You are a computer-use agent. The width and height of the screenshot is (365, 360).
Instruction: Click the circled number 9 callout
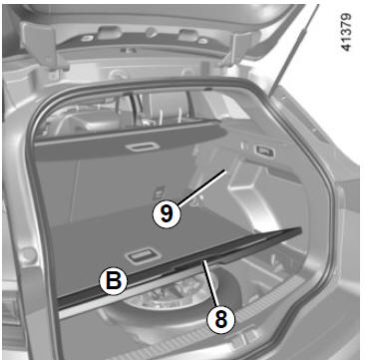167,214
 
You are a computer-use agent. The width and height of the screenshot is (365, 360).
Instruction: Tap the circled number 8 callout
220,320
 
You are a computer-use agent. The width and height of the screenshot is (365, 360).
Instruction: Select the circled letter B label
114,281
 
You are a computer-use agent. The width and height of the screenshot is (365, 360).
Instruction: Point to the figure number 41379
346,32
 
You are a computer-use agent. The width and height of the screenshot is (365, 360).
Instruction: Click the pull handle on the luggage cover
143,147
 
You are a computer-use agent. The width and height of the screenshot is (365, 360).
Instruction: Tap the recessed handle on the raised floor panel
143,256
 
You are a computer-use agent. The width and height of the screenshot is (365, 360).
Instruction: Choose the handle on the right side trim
264,152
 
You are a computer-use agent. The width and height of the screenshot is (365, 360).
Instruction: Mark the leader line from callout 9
202,187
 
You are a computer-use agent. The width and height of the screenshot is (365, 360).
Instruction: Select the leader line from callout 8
211,284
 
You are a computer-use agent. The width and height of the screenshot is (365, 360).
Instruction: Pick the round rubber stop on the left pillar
28,255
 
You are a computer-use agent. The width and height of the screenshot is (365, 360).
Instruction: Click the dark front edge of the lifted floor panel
180,267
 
